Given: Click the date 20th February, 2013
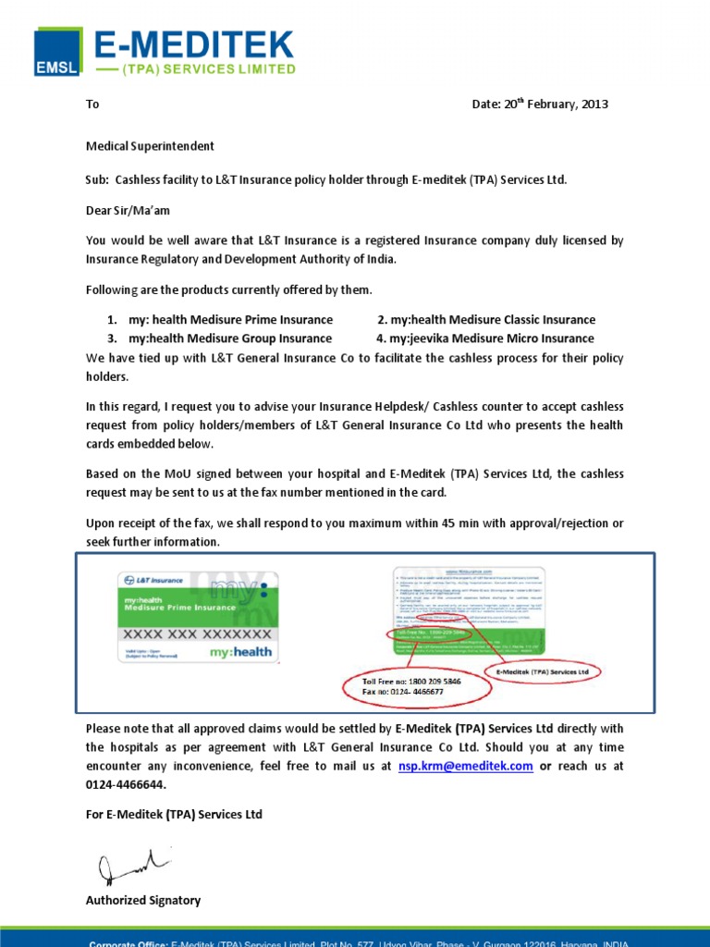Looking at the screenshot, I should [540, 105].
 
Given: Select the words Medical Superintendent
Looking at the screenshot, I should [150, 146].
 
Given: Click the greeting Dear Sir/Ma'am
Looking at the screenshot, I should [128, 211].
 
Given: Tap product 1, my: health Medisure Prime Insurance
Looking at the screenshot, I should [230, 320].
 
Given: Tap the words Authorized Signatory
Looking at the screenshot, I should [143, 900].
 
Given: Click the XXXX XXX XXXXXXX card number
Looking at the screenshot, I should [197, 634].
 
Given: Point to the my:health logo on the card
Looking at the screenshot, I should [240, 652].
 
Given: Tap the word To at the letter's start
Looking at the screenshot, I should [92, 105].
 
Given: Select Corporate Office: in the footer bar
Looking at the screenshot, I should [128, 943].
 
